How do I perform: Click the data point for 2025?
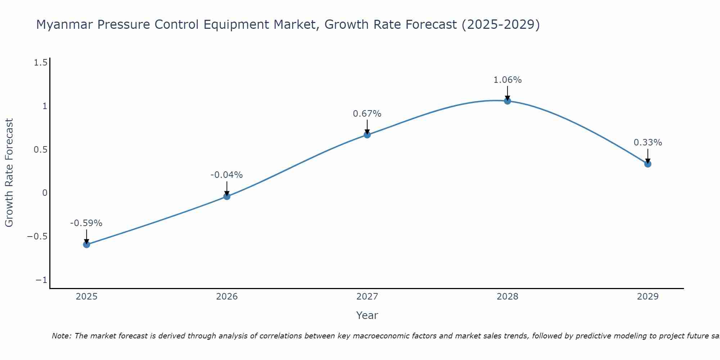86,244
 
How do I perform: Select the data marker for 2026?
227,196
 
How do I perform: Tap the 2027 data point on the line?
367,135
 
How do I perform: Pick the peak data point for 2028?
507,101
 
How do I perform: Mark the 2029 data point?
648,164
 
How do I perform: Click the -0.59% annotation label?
86,223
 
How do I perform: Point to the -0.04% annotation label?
226,175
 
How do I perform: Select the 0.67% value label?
367,114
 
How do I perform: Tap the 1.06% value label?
507,80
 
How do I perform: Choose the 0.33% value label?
648,143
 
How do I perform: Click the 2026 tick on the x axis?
227,297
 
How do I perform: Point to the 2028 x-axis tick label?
507,297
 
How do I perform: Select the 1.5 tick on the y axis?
40,63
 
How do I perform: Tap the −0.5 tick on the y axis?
37,237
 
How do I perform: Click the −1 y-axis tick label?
41,280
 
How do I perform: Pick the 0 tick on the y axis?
45,193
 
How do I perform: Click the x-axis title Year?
367,315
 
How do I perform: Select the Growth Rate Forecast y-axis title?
9,173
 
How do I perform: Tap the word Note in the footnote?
62,336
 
